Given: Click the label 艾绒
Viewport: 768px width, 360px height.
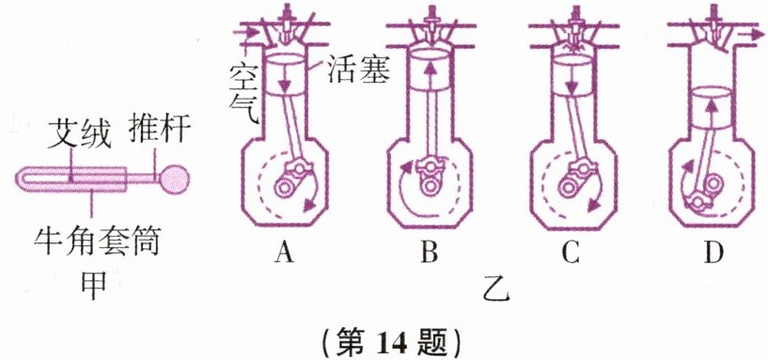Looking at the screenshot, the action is tap(80, 134).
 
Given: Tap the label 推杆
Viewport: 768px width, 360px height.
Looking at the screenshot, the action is tap(159, 130).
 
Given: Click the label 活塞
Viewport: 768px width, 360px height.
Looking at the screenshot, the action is tap(357, 72).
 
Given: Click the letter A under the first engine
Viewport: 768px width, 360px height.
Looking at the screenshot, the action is tap(284, 252).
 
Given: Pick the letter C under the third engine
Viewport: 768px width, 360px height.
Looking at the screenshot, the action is tap(572, 252).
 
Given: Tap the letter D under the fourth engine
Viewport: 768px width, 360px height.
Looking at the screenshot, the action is tap(714, 252).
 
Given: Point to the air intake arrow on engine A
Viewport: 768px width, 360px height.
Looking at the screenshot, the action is tap(246, 32).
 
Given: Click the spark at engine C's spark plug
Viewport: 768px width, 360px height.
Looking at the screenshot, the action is tap(572, 48).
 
